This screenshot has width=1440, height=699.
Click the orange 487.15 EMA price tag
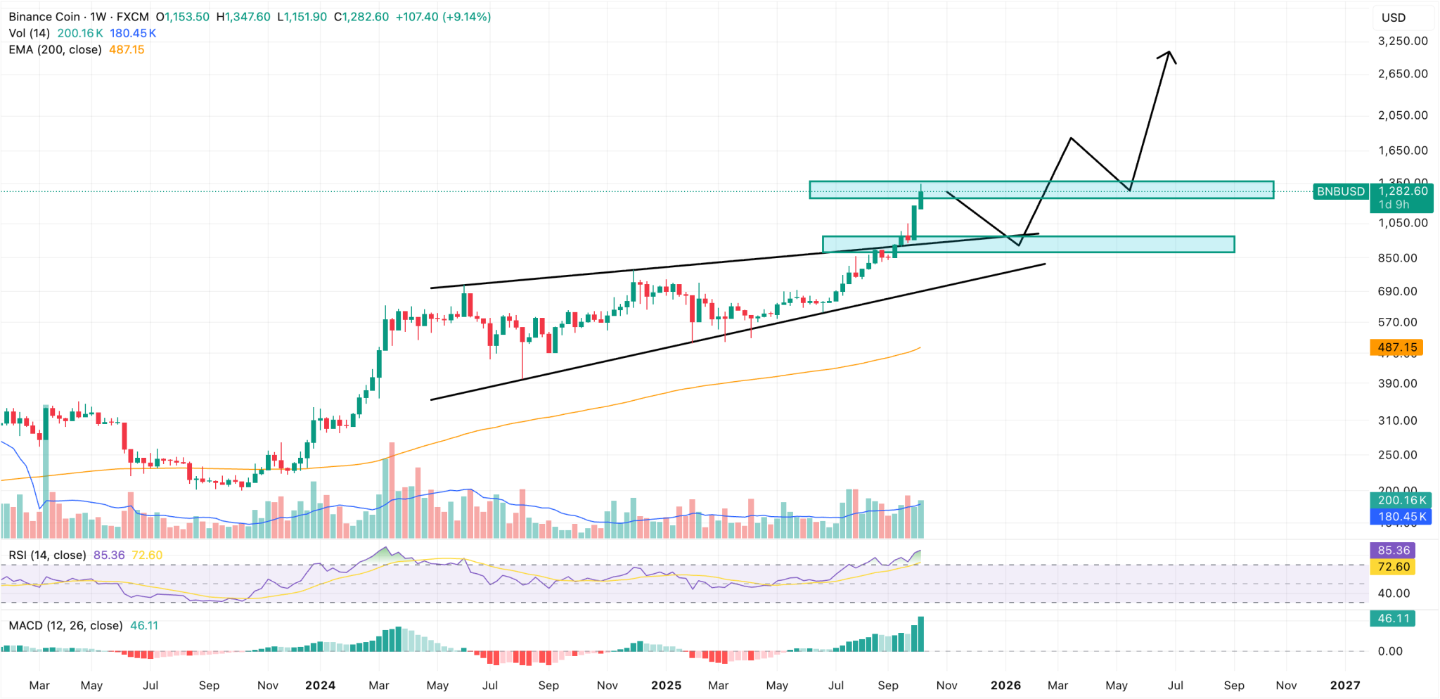[x=1396, y=347]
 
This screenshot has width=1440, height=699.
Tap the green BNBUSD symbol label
[x=1340, y=191]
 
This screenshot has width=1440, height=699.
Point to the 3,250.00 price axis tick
[x=1403, y=41]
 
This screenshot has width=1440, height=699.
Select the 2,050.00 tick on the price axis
[x=1403, y=115]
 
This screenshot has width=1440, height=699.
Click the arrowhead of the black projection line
[x=1169, y=53]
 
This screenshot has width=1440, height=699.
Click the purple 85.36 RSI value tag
[x=1394, y=551]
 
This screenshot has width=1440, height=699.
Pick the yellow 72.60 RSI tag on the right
[x=1394, y=567]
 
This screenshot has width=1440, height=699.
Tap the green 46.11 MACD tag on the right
[x=1394, y=619]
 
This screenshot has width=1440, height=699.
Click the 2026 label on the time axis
[x=1005, y=686]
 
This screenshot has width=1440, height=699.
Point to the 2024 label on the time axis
[x=320, y=686]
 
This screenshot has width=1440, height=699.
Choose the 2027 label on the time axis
[x=1345, y=686]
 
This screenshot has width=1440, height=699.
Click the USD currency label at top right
[x=1394, y=18]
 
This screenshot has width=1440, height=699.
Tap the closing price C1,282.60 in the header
[x=361, y=17]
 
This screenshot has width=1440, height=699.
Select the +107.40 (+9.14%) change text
[x=443, y=17]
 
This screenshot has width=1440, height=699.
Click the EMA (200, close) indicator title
[x=55, y=50]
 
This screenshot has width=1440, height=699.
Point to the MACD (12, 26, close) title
[x=65, y=626]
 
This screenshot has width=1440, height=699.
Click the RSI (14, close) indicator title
[x=47, y=556]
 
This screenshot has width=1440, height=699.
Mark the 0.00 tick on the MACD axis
[x=1390, y=651]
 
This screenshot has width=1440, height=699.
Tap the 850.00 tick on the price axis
[x=1397, y=258]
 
